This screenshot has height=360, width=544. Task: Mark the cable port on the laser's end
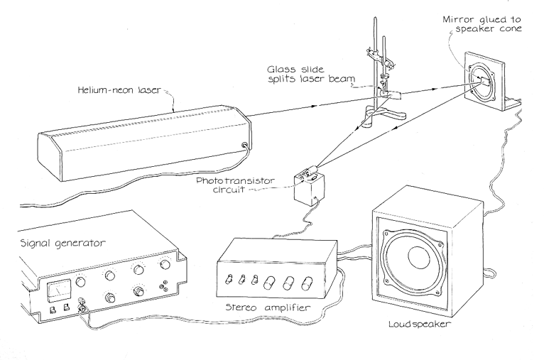click(x=246, y=147)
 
